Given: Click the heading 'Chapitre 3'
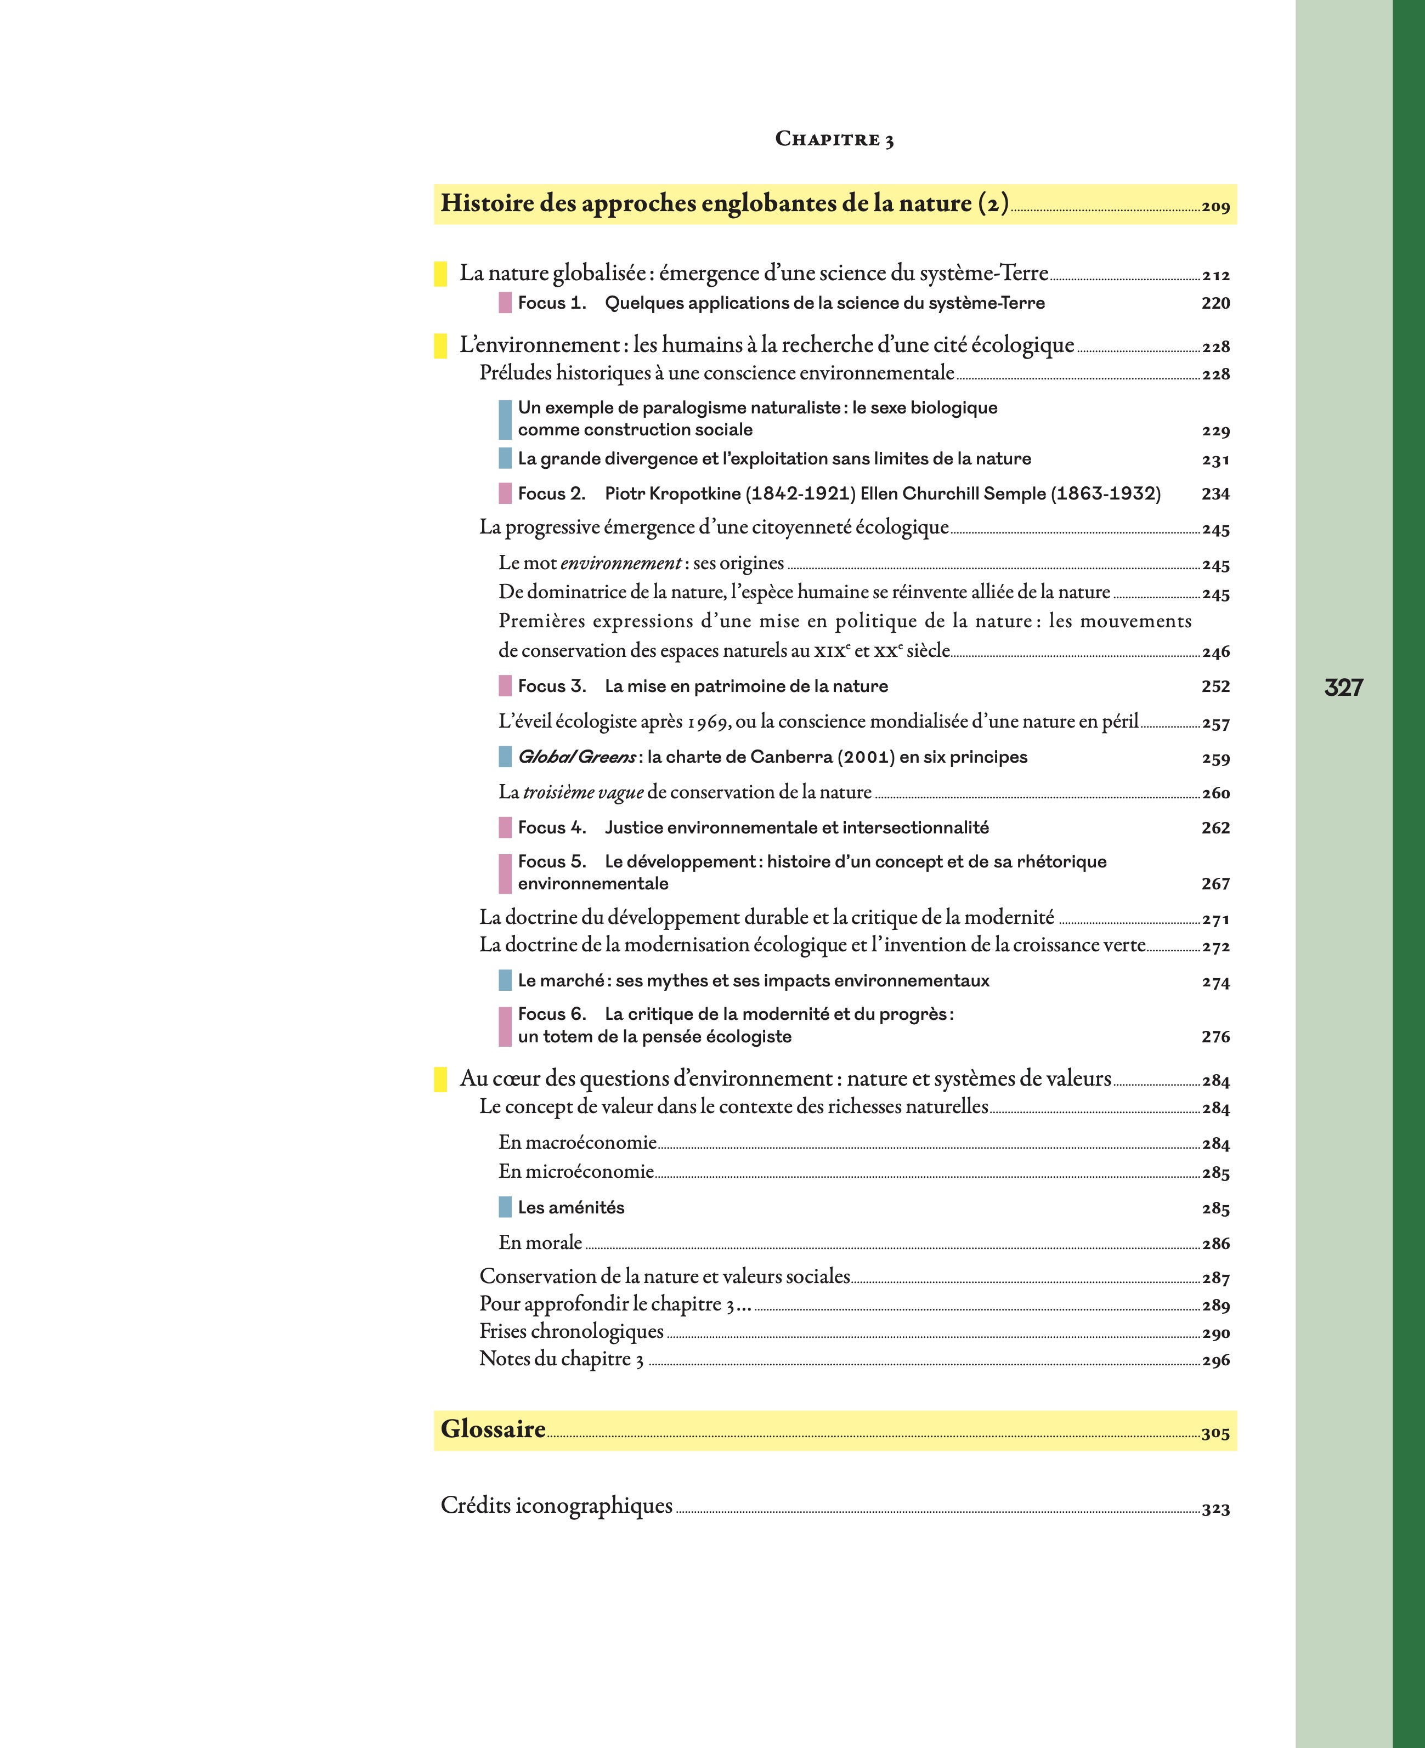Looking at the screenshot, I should click(x=834, y=139).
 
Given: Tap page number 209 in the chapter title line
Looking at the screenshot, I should click(x=1215, y=207).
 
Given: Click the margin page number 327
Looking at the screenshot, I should click(x=1344, y=688).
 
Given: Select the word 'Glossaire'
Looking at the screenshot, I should click(x=493, y=1429).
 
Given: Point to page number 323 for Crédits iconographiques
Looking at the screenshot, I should click(x=1215, y=1509).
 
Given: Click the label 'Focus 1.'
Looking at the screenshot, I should click(x=552, y=303).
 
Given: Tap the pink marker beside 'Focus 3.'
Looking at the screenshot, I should click(x=505, y=686).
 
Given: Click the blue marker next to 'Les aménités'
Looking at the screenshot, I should click(x=505, y=1207).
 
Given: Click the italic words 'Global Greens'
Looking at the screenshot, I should click(x=576, y=757).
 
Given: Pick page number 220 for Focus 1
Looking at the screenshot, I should click(x=1215, y=303).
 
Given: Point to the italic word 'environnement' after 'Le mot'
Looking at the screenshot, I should click(x=620, y=564).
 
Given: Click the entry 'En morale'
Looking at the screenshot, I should click(x=540, y=1242).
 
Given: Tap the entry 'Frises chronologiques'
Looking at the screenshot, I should click(x=572, y=1331).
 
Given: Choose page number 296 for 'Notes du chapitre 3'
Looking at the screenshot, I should click(x=1215, y=1361).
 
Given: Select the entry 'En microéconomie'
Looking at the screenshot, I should click(x=576, y=1171).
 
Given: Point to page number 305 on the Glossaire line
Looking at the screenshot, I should click(x=1215, y=1434).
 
